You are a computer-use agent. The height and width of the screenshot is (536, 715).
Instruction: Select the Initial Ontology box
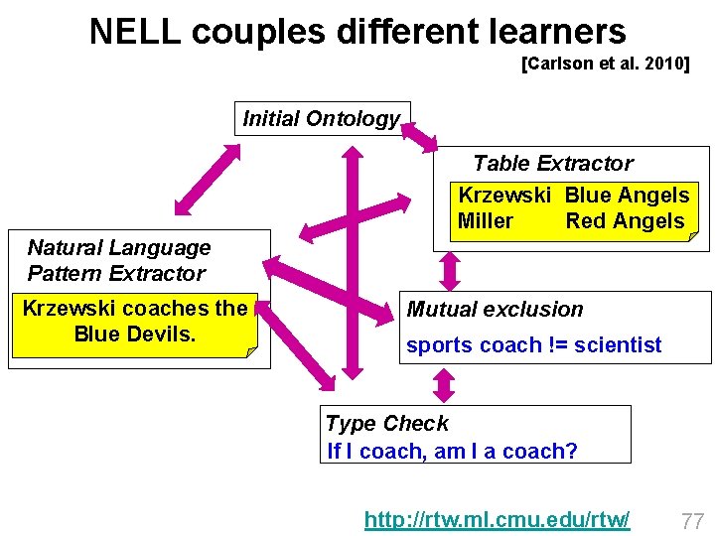coord(322,119)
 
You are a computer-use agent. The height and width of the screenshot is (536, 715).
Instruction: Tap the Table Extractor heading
coord(552,164)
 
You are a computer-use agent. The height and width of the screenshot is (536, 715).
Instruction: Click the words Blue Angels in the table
coord(627,196)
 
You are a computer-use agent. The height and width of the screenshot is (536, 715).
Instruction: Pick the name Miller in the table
coord(486,221)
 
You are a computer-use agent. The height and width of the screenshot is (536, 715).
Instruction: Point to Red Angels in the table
coord(625,221)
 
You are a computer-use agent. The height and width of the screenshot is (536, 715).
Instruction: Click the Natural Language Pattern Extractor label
coord(118,260)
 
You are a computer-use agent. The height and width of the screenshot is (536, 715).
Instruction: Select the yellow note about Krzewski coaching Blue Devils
coord(134,322)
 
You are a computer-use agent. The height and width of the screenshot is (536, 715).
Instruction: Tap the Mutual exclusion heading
coord(495,310)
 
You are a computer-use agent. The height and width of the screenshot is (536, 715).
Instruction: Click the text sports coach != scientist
coord(533,345)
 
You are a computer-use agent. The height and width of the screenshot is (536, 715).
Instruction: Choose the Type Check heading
coord(386,424)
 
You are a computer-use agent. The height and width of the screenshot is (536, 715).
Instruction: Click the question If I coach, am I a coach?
coord(453,451)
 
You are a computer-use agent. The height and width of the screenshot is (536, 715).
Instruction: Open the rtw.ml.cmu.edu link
coord(497,519)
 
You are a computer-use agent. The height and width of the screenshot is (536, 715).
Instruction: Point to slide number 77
coord(692,520)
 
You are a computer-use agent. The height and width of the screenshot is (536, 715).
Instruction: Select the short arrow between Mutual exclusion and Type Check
coord(445,385)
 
